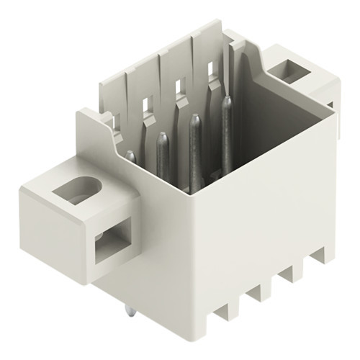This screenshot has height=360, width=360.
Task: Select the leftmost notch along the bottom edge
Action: coord(223,311)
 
